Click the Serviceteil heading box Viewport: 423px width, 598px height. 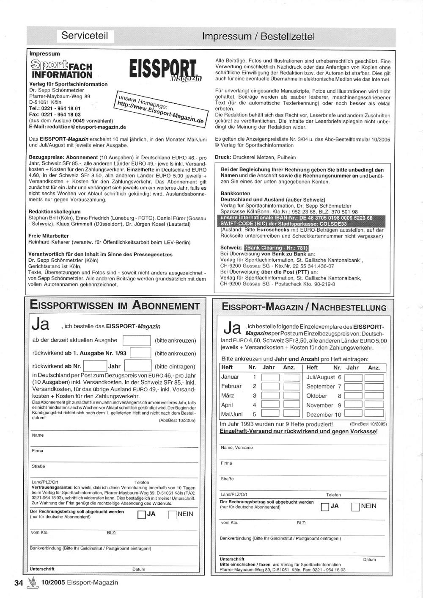coord(85,36)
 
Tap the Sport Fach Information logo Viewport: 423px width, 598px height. coord(61,69)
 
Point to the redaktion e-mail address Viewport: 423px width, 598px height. coord(77,127)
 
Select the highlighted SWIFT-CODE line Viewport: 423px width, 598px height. coord(283,224)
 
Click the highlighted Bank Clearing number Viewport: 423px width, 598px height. coord(277,248)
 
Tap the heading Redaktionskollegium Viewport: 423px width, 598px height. coord(55,211)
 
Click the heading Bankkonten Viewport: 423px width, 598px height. coord(235,194)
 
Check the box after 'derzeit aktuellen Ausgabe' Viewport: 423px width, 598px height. coord(136,341)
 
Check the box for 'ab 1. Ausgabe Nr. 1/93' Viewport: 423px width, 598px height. coord(140,353)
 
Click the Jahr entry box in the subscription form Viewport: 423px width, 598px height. coord(137,366)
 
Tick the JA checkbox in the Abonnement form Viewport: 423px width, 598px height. coord(142,515)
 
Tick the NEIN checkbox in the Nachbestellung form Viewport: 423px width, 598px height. coord(355,507)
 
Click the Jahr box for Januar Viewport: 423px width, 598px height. coord(270,377)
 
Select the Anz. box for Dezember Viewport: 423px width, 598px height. coord(374,414)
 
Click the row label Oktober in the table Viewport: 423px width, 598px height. coord(316,396)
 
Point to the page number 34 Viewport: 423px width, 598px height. coord(19,583)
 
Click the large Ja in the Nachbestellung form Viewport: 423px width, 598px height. coord(232,328)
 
